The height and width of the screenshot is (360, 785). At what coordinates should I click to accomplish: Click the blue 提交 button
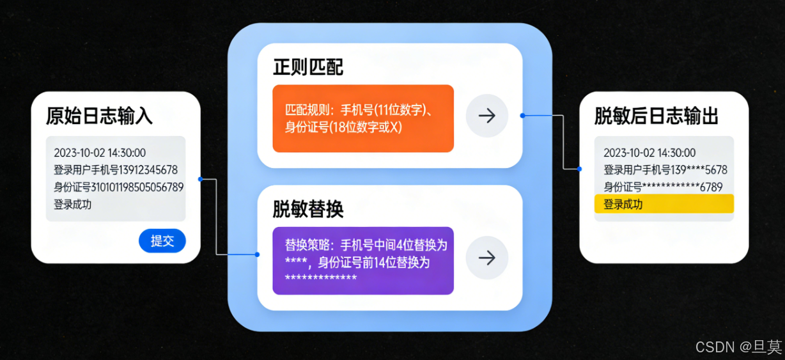(162, 241)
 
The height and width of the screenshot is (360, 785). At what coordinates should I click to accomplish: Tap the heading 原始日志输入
(99, 116)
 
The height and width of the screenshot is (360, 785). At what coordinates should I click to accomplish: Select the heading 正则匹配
(308, 67)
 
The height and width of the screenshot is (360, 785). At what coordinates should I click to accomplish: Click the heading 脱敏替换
(308, 209)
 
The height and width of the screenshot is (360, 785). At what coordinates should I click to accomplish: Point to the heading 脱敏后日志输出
(657, 116)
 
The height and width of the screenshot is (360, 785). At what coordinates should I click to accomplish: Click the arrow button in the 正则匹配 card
(487, 116)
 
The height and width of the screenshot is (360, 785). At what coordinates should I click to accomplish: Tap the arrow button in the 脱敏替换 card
(487, 258)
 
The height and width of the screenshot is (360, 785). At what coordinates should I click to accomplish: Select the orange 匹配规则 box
(363, 118)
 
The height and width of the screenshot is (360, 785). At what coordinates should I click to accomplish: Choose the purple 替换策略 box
(363, 260)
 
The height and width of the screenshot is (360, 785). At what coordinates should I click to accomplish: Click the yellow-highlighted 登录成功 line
(664, 205)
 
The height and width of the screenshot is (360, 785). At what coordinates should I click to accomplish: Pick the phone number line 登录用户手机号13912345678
(116, 170)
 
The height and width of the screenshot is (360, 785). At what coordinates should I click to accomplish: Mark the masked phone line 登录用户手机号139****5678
(665, 170)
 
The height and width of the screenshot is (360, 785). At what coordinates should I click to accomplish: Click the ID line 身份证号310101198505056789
(118, 187)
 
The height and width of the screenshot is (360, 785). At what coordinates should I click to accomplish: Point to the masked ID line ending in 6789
(663, 187)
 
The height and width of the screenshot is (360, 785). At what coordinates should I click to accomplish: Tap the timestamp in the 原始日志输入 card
(100, 153)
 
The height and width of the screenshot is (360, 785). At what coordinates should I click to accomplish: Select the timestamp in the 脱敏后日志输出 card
(649, 153)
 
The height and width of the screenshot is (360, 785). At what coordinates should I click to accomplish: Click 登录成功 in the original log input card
(73, 205)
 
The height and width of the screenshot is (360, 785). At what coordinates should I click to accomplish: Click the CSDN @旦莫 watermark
(738, 347)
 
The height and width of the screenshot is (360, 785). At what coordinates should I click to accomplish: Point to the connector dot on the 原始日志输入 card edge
(201, 179)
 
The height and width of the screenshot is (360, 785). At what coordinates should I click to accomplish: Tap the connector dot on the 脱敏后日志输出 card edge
(580, 169)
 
